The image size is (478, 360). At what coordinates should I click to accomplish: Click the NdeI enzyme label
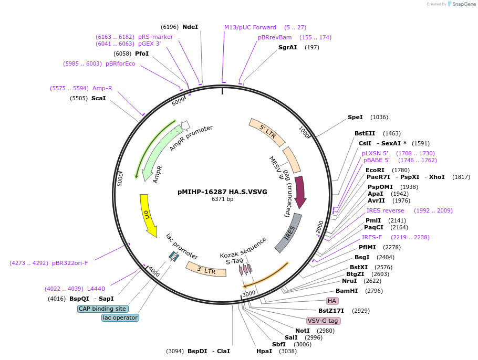point(190,27)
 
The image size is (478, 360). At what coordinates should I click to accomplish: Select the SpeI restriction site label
point(355,117)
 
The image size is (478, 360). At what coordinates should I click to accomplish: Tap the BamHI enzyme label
point(347,291)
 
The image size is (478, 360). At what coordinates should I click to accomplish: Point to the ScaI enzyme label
point(98,98)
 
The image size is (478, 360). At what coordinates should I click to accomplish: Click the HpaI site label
point(264,351)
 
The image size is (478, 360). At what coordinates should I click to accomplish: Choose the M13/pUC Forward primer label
point(250,27)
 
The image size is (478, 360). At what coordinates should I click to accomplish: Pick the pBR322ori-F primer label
point(70,263)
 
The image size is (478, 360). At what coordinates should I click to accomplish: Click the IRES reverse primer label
point(386,210)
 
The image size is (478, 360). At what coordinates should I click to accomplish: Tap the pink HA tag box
point(332,301)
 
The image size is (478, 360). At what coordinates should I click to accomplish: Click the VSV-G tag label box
point(323,321)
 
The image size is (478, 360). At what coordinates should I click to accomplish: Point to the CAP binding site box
point(102,309)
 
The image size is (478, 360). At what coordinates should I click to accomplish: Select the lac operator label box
point(120,317)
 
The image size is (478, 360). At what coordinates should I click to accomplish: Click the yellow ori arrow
point(148,214)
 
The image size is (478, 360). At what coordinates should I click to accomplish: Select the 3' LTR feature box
point(206,270)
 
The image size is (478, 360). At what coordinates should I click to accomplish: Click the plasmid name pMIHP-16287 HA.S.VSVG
point(222,192)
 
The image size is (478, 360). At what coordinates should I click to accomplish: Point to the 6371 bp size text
point(222,199)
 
